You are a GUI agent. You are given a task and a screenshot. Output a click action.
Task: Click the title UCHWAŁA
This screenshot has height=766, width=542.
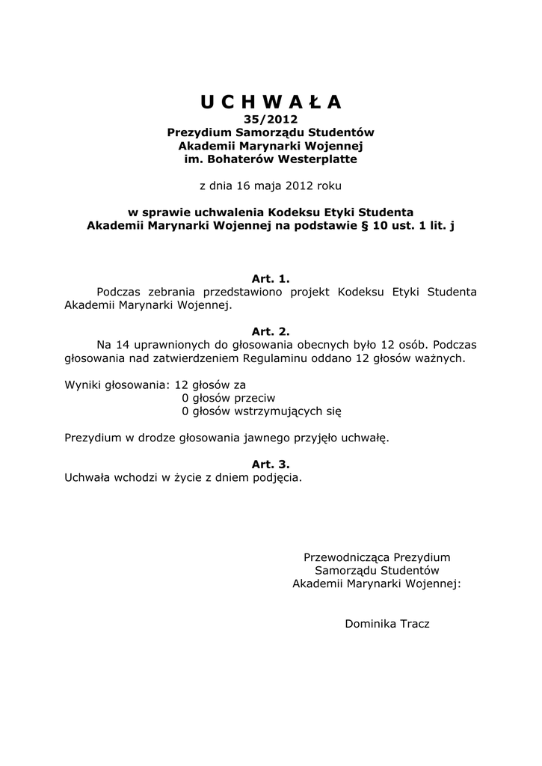tap(271, 102)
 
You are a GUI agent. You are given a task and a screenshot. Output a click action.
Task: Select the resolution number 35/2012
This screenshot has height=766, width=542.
tap(271, 118)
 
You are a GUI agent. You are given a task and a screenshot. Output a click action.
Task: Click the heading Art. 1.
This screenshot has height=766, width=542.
tap(271, 278)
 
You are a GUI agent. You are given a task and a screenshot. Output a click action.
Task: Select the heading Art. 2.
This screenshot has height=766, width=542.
tap(271, 331)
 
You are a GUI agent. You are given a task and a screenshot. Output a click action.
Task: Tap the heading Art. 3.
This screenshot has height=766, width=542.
tap(271, 464)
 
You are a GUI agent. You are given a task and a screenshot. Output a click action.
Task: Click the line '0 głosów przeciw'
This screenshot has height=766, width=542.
tap(229, 398)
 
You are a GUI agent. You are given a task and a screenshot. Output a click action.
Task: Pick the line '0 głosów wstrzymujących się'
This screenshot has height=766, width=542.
tap(261, 411)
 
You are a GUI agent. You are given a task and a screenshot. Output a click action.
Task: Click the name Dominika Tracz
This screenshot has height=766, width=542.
tap(387, 623)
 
